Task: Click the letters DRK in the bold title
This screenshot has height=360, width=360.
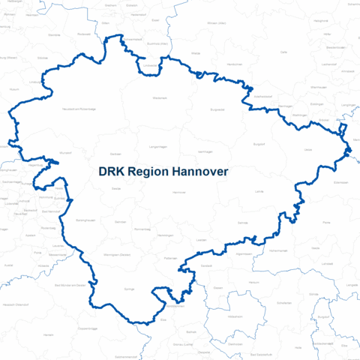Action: tap(112, 172)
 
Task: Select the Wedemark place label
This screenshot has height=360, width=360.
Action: tap(160, 97)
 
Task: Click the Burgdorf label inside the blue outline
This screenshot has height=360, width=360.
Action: tap(259, 142)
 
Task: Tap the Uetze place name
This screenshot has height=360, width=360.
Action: tap(307, 150)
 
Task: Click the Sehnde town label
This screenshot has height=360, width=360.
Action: tap(242, 223)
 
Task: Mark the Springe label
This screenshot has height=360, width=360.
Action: tap(128, 288)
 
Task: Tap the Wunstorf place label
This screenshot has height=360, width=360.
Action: tap(65, 153)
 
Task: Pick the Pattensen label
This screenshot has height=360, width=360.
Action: tap(170, 258)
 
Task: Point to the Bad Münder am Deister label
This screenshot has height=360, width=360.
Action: tap(73, 286)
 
